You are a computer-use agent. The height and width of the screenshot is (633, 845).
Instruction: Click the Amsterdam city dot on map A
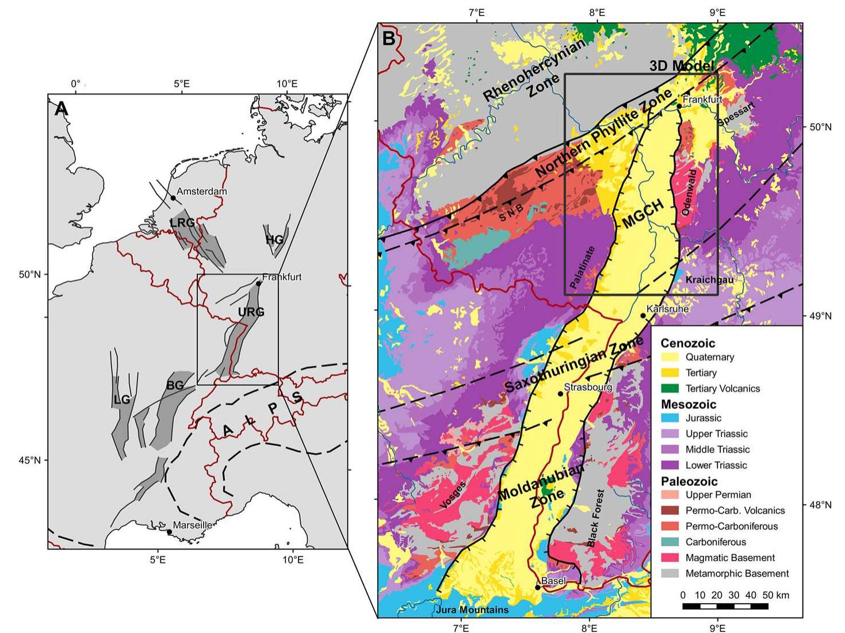(x=173, y=198)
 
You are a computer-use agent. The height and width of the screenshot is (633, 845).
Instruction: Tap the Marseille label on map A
(x=193, y=525)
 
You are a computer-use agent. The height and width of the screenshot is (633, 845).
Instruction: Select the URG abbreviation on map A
(x=251, y=312)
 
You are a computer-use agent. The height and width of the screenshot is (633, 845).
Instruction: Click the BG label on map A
(x=175, y=385)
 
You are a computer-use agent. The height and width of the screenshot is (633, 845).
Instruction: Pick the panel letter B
(x=389, y=39)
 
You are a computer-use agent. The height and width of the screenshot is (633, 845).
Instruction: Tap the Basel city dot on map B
(x=537, y=588)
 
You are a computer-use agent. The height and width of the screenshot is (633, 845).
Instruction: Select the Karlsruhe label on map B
(x=667, y=309)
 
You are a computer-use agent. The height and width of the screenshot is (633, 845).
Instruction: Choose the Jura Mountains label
(x=473, y=609)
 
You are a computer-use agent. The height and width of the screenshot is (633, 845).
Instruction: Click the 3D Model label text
(x=682, y=66)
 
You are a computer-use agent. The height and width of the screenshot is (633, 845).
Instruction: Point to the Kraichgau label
(x=705, y=279)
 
